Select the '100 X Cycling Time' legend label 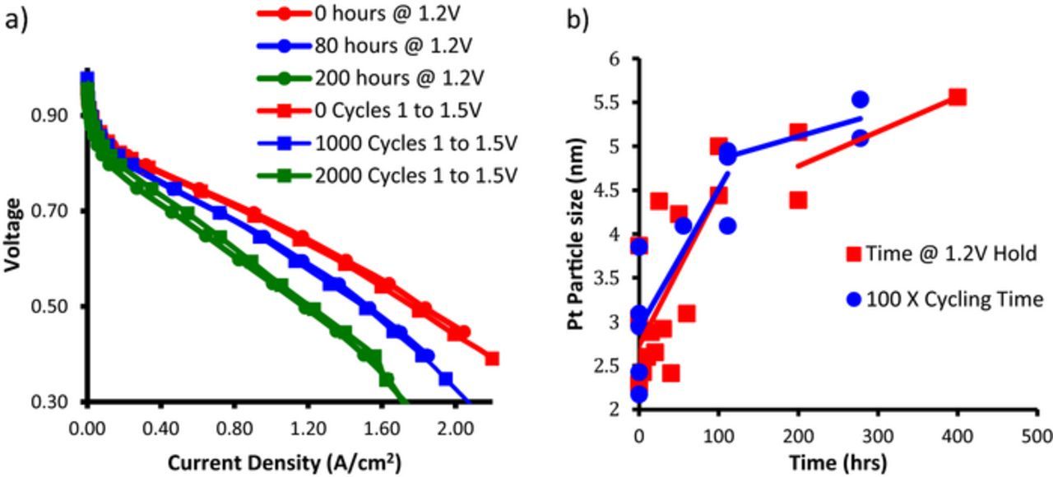click(954, 299)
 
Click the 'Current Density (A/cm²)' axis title click(285, 461)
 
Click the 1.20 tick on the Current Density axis click(308, 428)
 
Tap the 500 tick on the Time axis click(1037, 433)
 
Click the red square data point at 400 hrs click(957, 97)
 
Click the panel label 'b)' click(578, 19)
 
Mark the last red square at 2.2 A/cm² click(492, 359)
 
